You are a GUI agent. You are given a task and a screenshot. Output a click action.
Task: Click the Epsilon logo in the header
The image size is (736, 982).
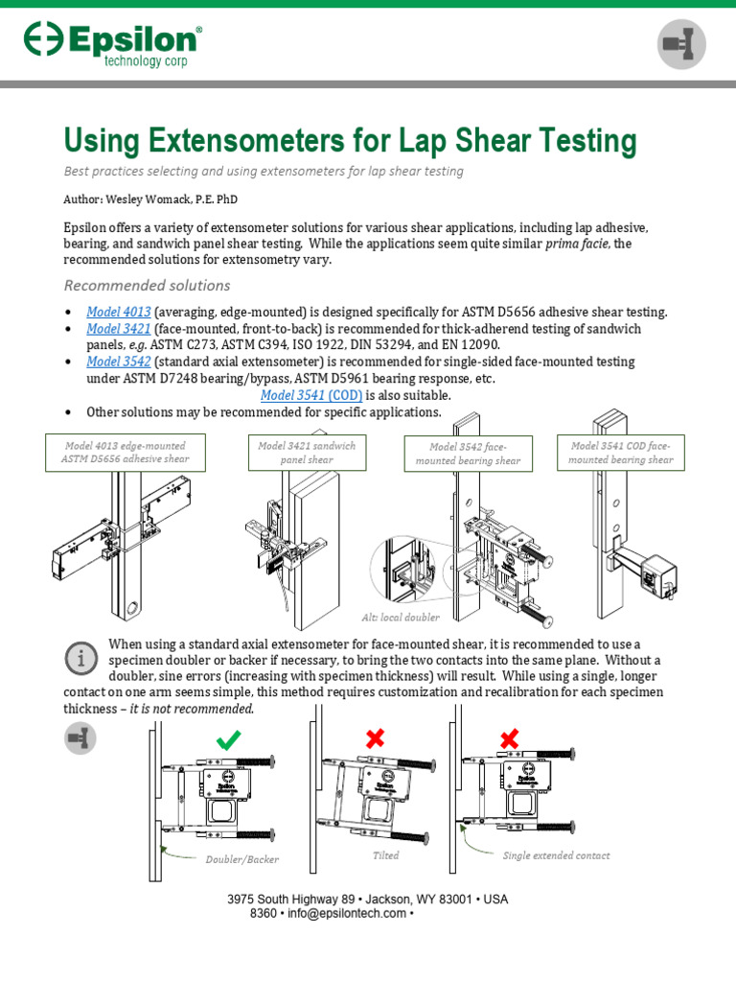(113, 44)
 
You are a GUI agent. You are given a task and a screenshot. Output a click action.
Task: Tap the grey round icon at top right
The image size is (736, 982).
(681, 44)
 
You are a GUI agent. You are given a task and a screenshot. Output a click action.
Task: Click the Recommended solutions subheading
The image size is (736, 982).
(147, 285)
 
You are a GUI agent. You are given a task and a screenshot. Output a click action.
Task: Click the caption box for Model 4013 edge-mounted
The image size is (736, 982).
(126, 452)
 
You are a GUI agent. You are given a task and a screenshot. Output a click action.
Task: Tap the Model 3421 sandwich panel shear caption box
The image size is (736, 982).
(307, 453)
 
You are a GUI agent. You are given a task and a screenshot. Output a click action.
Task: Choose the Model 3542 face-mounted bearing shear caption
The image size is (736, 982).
(468, 454)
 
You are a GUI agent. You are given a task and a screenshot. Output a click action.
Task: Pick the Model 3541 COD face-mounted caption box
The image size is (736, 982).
(621, 453)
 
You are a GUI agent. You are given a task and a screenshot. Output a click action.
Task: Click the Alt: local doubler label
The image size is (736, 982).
(402, 617)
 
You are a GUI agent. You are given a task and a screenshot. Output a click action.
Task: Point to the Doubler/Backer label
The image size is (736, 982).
(242, 859)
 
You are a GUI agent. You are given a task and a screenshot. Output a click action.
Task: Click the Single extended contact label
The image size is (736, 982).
(556, 855)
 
